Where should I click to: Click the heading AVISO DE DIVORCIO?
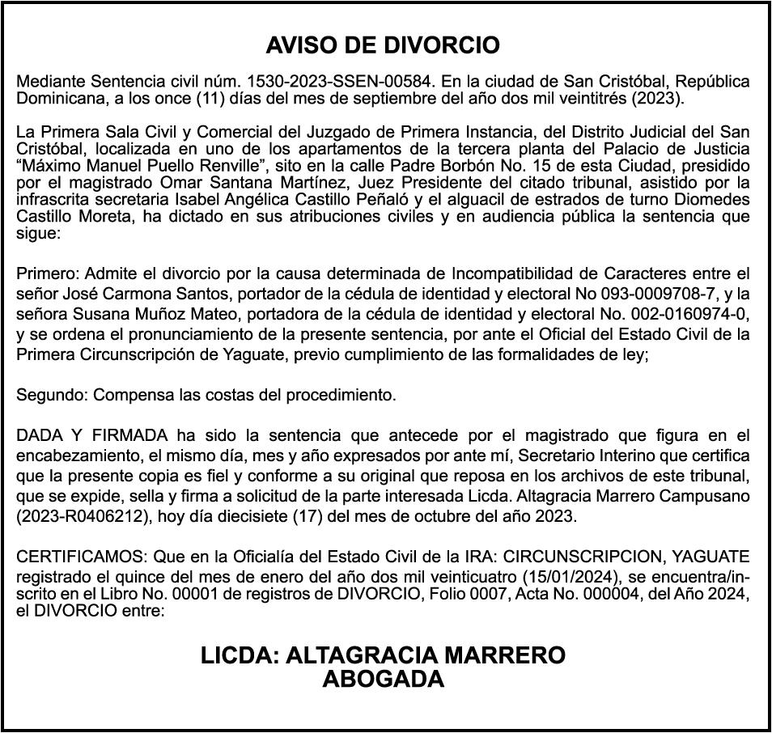click(383, 45)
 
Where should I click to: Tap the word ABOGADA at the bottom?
click(383, 680)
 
